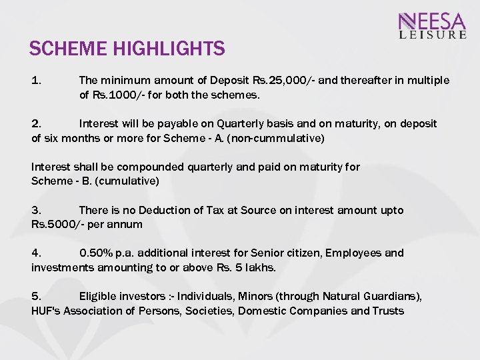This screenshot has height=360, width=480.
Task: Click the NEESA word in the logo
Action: coord(433,21)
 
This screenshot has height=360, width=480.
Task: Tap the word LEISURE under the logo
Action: coord(433,35)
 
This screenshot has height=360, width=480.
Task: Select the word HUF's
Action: coord(46,311)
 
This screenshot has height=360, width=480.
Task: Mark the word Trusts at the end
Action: coord(388,311)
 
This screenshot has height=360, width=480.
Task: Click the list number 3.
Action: coord(36,210)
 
